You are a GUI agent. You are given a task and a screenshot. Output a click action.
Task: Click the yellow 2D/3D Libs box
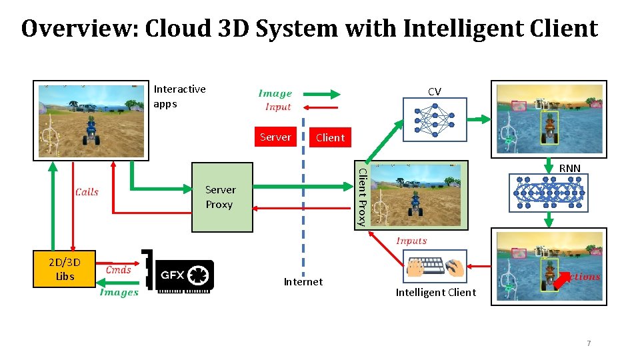[x=65, y=269]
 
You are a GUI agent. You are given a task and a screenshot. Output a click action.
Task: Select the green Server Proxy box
[x=222, y=197]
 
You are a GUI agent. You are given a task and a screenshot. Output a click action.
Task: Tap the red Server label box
[x=275, y=137]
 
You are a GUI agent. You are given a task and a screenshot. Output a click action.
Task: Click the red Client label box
[x=330, y=138]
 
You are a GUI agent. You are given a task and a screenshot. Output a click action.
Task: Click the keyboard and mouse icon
[x=435, y=267]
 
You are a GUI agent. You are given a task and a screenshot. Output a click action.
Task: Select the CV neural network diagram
[x=434, y=118]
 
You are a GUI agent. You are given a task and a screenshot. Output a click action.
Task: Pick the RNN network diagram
[x=549, y=193]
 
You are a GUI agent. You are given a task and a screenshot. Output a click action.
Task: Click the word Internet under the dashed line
[x=303, y=282]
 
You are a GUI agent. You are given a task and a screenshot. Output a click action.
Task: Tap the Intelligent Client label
[x=435, y=293]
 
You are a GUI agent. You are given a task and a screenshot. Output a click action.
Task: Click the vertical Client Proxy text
[x=362, y=197]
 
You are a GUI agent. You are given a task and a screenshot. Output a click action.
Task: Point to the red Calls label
[x=87, y=192]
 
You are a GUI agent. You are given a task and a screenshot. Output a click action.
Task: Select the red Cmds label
[x=118, y=269]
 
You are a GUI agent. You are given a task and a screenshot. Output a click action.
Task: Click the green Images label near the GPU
[x=119, y=292]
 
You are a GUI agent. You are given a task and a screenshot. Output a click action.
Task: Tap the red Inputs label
[x=411, y=241]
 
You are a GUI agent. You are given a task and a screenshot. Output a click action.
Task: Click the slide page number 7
[x=589, y=343]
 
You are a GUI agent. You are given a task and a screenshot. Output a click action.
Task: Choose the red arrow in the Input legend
[x=321, y=107]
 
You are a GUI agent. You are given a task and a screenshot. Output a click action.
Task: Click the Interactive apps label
[x=179, y=96]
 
